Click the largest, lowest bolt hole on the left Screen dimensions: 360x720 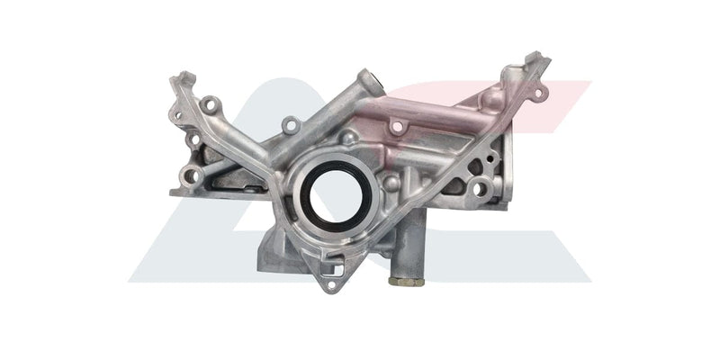pyautogui.click(x=192, y=175)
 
